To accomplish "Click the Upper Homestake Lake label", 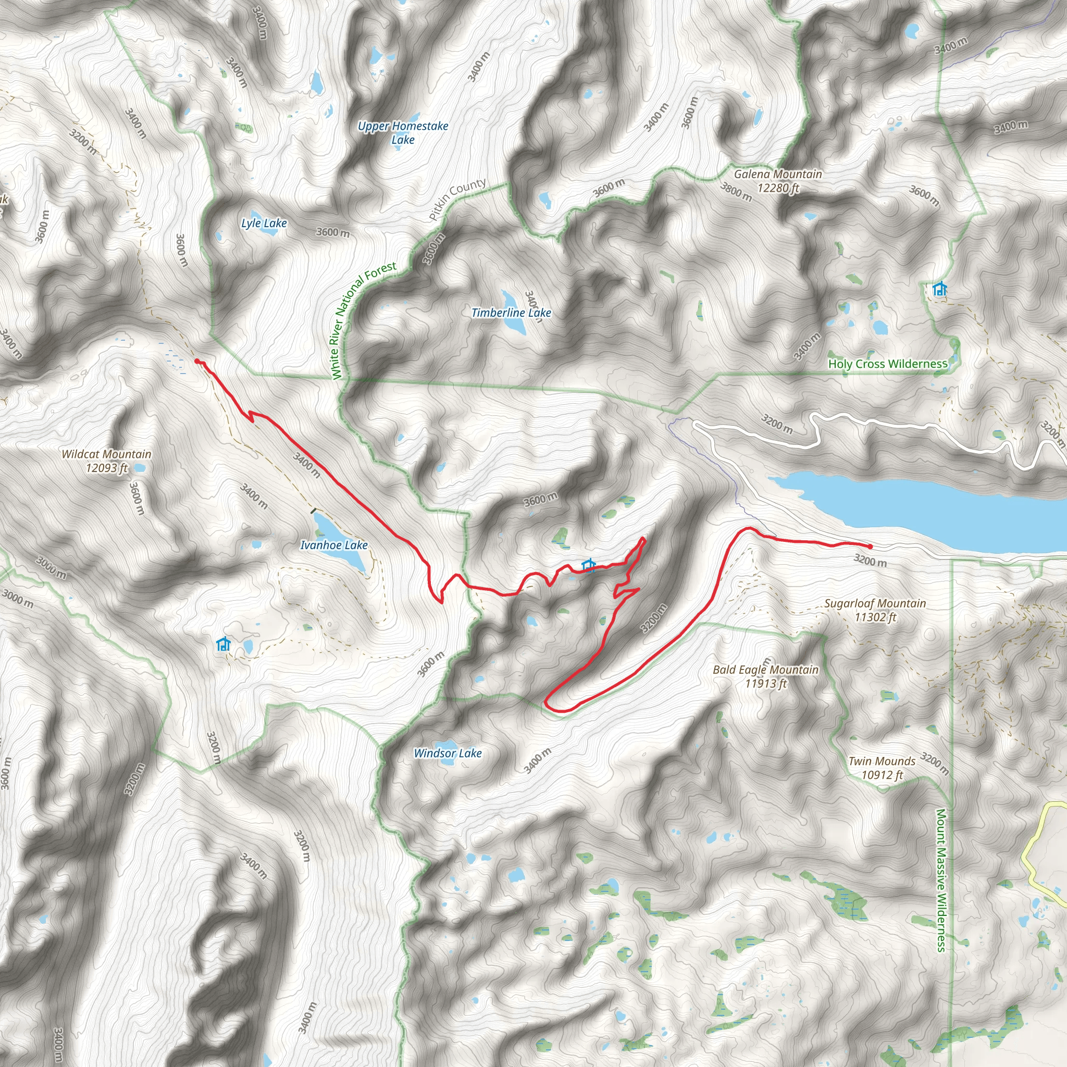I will (x=403, y=133).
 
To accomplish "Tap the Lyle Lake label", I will (x=264, y=224).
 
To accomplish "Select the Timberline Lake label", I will (x=511, y=313).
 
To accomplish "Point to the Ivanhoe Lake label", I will (x=333, y=545).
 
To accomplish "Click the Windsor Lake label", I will (x=448, y=753).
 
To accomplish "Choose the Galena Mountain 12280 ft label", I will (x=778, y=181).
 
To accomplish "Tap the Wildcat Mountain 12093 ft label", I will (x=107, y=461).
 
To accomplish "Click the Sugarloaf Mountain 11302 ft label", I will (x=875, y=610).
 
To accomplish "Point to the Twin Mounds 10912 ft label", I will (x=882, y=767).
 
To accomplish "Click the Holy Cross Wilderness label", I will (x=887, y=364).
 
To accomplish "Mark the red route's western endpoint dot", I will (x=197, y=361).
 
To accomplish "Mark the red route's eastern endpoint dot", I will (x=871, y=547).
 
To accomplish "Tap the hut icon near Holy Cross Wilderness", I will (x=939, y=289).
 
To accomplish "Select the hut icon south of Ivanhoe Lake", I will (x=223, y=644).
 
